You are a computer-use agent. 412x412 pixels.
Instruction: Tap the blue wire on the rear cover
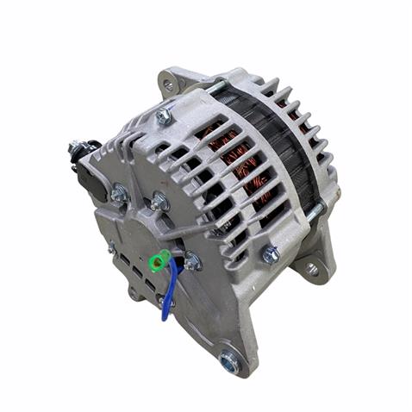[172, 290]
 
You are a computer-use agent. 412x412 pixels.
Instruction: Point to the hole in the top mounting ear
[169, 84]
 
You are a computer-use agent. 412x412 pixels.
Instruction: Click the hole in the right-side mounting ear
[312, 269]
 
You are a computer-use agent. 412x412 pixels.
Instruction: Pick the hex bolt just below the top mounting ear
[163, 116]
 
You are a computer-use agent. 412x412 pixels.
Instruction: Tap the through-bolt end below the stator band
[315, 209]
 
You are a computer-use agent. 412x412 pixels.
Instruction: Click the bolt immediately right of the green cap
[191, 262]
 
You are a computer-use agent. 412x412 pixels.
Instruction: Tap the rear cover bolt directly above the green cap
[158, 202]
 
